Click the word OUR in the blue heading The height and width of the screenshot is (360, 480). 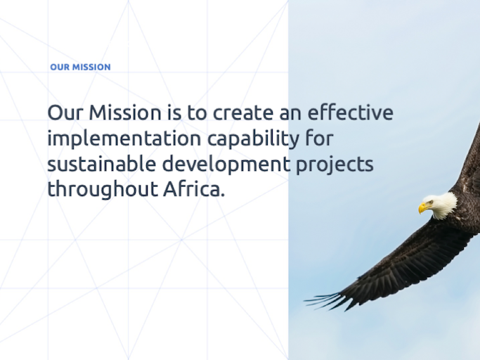pyautogui.click(x=60, y=67)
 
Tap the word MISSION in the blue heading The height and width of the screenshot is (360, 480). pyautogui.click(x=91, y=67)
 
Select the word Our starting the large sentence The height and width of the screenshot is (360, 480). pyautogui.click(x=65, y=112)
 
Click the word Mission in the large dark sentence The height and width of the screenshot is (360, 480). pyautogui.click(x=125, y=112)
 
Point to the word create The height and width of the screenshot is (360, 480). pyautogui.click(x=243, y=112)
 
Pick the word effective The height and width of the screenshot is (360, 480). pyautogui.click(x=350, y=112)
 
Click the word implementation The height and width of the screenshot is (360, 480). pyautogui.click(x=124, y=139)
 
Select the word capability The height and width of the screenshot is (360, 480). pyautogui.click(x=253, y=139)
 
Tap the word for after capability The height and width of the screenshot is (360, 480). pyautogui.click(x=319, y=138)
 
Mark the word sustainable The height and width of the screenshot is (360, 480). pyautogui.click(x=102, y=163)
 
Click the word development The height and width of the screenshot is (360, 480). pyautogui.click(x=226, y=165)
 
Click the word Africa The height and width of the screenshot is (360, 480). pyautogui.click(x=194, y=188)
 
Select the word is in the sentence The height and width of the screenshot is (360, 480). pyautogui.click(x=174, y=112)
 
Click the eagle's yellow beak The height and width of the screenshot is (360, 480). pyautogui.click(x=424, y=208)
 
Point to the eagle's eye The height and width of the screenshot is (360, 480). pyautogui.click(x=431, y=202)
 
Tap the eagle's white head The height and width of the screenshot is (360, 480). pyautogui.click(x=440, y=205)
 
